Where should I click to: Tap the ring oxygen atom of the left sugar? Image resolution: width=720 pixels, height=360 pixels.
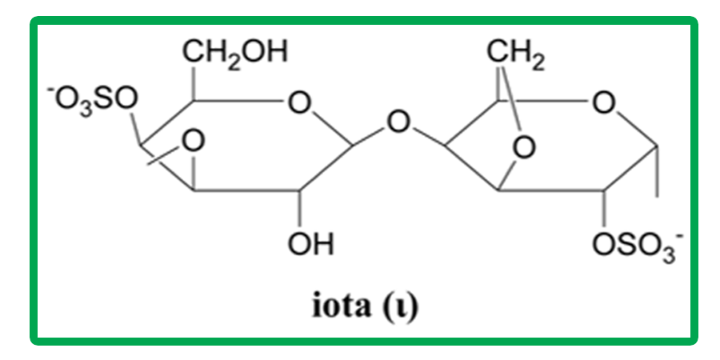click(299, 104)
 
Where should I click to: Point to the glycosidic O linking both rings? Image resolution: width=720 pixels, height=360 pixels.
click(398, 123)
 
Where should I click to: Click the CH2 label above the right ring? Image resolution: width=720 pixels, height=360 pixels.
click(516, 54)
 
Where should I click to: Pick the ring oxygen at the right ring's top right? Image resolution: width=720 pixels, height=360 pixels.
click(604, 104)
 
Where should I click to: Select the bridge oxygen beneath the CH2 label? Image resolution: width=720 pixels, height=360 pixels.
click(523, 148)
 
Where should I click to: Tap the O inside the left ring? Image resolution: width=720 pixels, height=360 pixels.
click(192, 142)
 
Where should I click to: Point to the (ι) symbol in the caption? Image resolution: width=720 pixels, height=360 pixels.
click(398, 308)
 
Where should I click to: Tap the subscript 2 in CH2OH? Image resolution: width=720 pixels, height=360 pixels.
click(234, 63)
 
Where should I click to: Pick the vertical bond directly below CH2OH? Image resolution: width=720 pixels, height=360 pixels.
click(193, 84)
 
